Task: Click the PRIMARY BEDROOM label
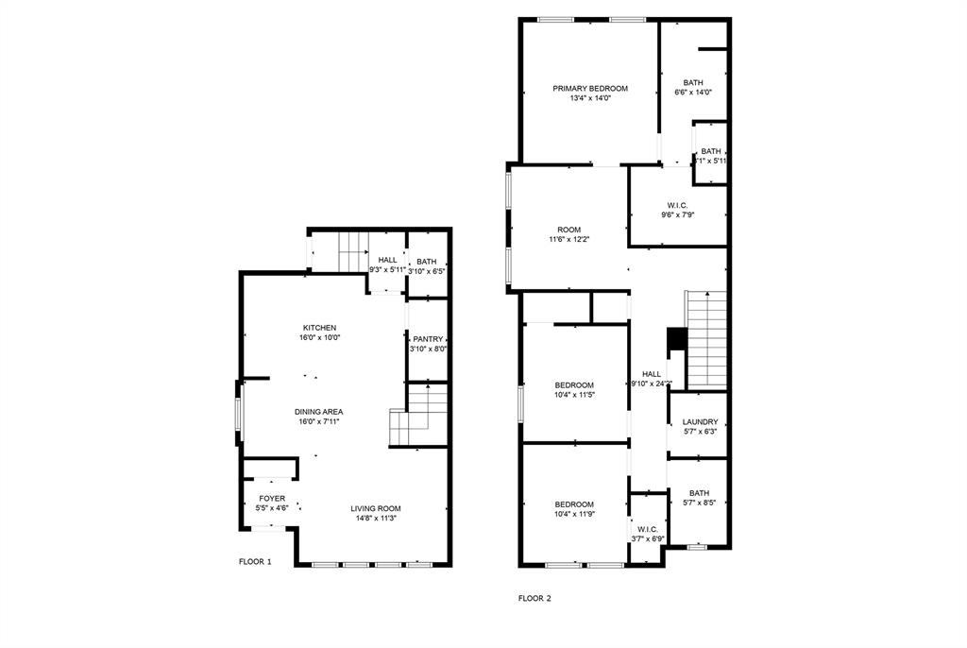(x=589, y=89)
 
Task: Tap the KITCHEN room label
(x=319, y=328)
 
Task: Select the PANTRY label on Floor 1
(x=427, y=339)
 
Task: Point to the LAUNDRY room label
(x=700, y=422)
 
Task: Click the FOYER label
(x=272, y=499)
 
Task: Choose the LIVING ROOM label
(x=377, y=508)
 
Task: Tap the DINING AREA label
(x=318, y=412)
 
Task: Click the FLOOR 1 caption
(x=255, y=561)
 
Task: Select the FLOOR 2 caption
(x=534, y=598)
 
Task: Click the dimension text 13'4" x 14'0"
(x=589, y=98)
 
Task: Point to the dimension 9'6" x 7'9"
(x=677, y=214)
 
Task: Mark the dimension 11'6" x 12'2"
(x=568, y=239)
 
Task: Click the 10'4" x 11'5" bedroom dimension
(x=574, y=394)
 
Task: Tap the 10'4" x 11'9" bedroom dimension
(x=574, y=514)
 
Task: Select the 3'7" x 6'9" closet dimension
(x=648, y=539)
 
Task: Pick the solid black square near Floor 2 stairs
(x=676, y=338)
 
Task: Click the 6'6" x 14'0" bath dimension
(x=692, y=93)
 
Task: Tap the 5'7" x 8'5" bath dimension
(x=699, y=503)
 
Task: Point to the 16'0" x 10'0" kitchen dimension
(x=319, y=337)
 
